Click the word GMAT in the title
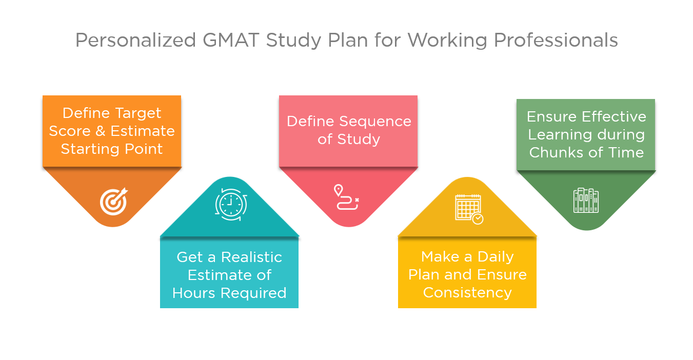tap(231, 40)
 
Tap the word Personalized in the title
tap(136, 40)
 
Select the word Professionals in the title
tap(556, 40)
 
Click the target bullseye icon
tap(114, 202)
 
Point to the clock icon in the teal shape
tap(231, 205)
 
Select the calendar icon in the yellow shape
tap(469, 209)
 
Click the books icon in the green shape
tap(586, 201)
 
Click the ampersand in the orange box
tap(100, 131)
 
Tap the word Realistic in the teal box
tap(251, 257)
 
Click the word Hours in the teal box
tap(194, 293)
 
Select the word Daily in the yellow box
tap(496, 257)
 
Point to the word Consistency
tap(467, 293)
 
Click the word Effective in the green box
tap(614, 117)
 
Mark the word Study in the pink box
tap(359, 139)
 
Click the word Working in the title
tap(447, 41)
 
